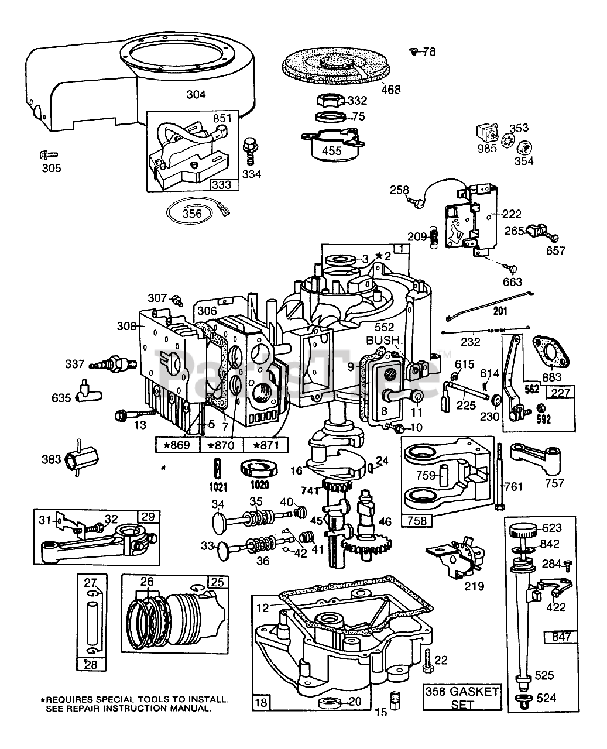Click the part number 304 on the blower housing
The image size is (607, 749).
(196, 94)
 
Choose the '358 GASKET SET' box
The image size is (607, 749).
(462, 698)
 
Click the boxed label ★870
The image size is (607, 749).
(221, 445)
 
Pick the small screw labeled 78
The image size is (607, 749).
(414, 52)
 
